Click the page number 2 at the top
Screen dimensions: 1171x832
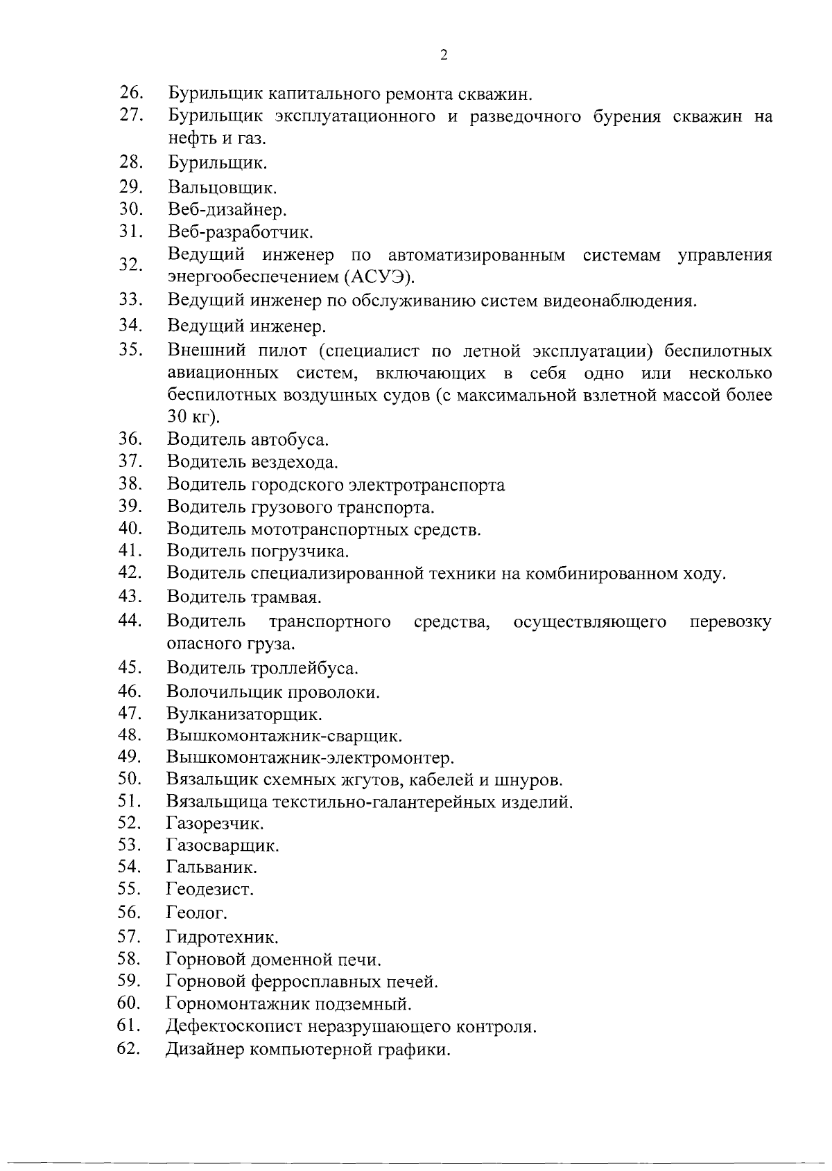(444, 56)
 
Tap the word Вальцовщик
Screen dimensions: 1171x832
(222, 188)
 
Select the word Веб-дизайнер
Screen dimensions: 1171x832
(227, 209)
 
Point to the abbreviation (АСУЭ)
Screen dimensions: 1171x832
(379, 277)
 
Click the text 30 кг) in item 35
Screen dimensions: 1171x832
(193, 417)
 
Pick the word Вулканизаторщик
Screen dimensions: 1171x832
(244, 714)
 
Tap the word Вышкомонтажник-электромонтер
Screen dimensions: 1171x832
(310, 758)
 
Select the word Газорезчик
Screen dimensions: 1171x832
(215, 824)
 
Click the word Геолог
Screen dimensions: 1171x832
(197, 913)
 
